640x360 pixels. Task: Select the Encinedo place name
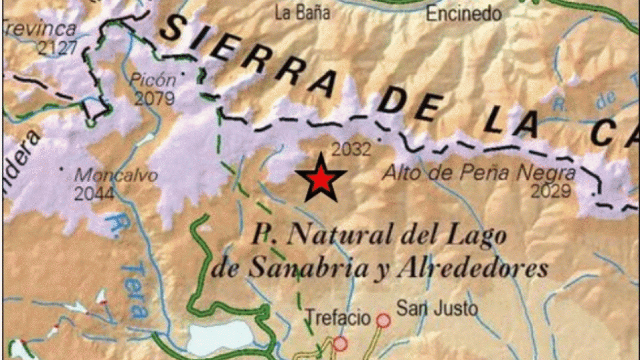click(x=464, y=13)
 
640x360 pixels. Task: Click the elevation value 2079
click(x=154, y=99)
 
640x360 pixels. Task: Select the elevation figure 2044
click(x=94, y=194)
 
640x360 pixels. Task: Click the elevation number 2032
click(x=351, y=149)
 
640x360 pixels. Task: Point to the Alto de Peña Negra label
click(x=479, y=172)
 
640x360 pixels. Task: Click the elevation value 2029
click(x=551, y=191)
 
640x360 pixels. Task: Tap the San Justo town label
click(x=437, y=307)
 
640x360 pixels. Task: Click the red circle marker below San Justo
click(x=383, y=321)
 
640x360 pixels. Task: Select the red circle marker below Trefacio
click(x=340, y=344)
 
